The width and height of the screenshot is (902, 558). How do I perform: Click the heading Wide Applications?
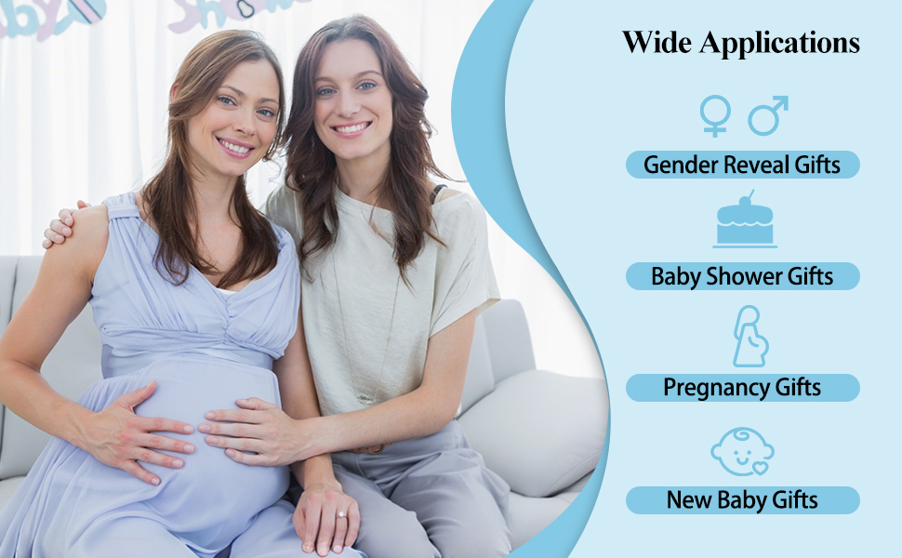[x=741, y=43]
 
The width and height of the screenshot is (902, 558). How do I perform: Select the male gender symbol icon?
[x=768, y=115]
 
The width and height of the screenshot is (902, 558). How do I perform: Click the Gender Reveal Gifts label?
[x=742, y=165]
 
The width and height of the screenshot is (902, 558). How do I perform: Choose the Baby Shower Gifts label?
[x=742, y=276]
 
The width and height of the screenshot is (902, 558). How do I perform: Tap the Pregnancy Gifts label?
[x=742, y=387]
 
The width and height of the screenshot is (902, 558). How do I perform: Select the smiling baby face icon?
[x=742, y=452]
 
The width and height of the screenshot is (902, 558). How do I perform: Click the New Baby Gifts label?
[x=742, y=499]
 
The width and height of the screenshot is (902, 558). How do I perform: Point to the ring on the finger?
[x=341, y=514]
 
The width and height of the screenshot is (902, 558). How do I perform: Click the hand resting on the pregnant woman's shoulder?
[x=62, y=223]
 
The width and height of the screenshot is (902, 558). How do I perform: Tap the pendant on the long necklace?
[x=365, y=397]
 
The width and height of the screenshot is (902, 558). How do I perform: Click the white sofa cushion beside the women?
[x=532, y=432]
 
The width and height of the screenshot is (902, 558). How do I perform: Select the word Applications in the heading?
[x=779, y=44]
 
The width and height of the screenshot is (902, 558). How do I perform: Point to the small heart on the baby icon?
[x=760, y=469]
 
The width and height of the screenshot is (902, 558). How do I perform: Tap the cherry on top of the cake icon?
[x=746, y=200]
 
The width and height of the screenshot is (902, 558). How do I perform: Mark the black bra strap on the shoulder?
[x=438, y=193]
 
